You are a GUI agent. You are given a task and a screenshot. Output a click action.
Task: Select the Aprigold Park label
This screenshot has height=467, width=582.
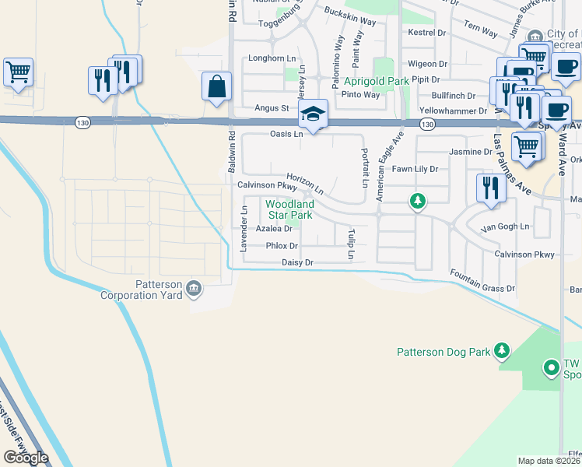[377, 81]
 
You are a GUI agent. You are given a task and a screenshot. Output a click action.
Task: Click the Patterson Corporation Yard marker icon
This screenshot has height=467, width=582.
[194, 290]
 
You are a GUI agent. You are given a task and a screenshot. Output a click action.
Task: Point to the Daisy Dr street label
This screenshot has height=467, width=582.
[297, 263]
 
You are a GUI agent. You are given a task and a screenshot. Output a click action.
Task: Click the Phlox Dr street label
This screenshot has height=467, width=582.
[282, 246]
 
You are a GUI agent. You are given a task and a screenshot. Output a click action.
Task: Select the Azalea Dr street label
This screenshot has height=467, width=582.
[274, 229]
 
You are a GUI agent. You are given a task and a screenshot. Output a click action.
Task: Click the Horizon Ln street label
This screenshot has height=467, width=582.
[305, 184]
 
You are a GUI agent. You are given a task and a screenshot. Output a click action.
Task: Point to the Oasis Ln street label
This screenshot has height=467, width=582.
[286, 135]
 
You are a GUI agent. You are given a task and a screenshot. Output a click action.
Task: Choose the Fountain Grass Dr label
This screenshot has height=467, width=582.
[482, 280]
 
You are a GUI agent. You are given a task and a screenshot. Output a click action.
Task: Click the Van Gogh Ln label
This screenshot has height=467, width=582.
[504, 227]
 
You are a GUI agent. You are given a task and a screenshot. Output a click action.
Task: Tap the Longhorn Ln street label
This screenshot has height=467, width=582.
[272, 58]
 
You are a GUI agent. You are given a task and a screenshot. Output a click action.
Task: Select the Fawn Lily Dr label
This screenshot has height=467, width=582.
[415, 169]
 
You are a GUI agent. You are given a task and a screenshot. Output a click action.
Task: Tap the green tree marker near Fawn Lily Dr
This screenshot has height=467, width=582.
[419, 202]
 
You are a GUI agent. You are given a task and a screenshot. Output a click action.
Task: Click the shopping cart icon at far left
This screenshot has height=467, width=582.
[18, 72]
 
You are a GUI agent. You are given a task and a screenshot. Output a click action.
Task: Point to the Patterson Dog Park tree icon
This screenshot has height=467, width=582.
[502, 352]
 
